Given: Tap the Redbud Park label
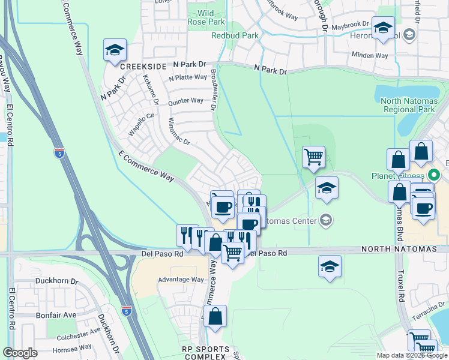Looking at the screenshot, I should pos(235,35).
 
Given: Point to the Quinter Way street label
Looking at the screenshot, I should pos(185,101).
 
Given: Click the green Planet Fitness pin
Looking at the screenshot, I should pos(435,176).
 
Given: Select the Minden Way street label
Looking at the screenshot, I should pos(370,55).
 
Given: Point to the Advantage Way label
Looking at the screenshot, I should pos(181,280).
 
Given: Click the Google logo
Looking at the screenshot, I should pos(20,353).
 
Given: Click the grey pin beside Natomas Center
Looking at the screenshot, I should pos(325,220).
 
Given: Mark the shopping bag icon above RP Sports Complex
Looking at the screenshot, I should pos(215,316).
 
